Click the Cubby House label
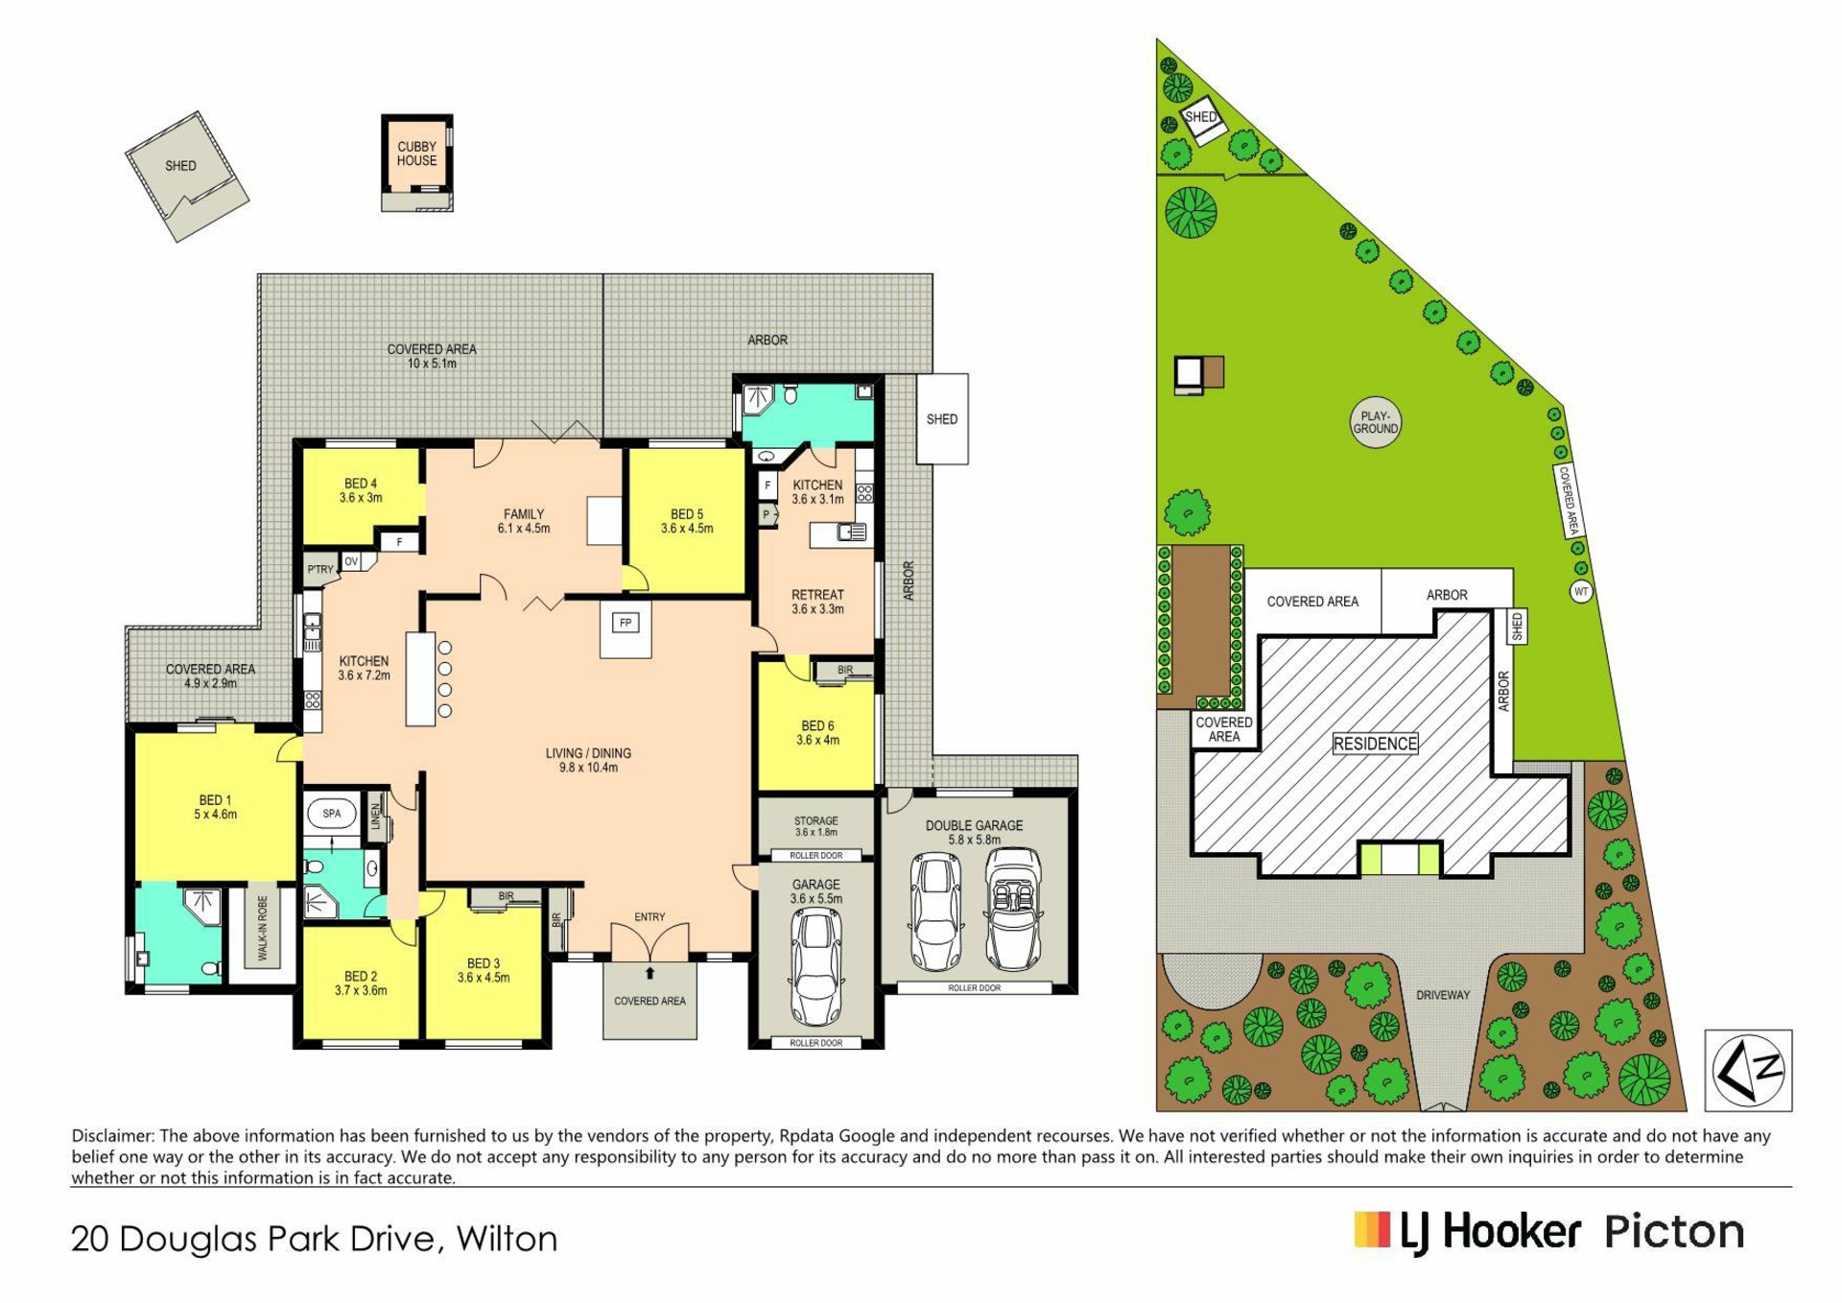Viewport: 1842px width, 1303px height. (x=416, y=154)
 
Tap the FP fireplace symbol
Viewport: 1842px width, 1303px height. (x=626, y=623)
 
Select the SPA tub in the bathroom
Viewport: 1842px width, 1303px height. (x=332, y=814)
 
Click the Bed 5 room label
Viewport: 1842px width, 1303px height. (x=687, y=521)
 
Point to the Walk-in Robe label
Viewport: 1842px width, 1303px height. (x=263, y=928)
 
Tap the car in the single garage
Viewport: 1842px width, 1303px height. (x=815, y=967)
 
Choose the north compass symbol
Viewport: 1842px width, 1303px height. (x=1748, y=1070)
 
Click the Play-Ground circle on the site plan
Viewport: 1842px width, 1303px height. (x=1375, y=423)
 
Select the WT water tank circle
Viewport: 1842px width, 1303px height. (x=1581, y=592)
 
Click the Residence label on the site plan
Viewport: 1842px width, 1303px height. (x=1375, y=744)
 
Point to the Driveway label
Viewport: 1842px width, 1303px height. (x=1443, y=995)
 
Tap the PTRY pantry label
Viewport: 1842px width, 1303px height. (x=320, y=569)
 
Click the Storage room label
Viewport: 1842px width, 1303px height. (x=815, y=826)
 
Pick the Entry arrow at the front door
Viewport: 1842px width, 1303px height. (x=649, y=974)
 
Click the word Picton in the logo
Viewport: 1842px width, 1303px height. (x=1674, y=1232)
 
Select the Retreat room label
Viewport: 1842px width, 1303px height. (x=817, y=602)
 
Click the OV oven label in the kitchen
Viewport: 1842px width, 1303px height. (x=351, y=561)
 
